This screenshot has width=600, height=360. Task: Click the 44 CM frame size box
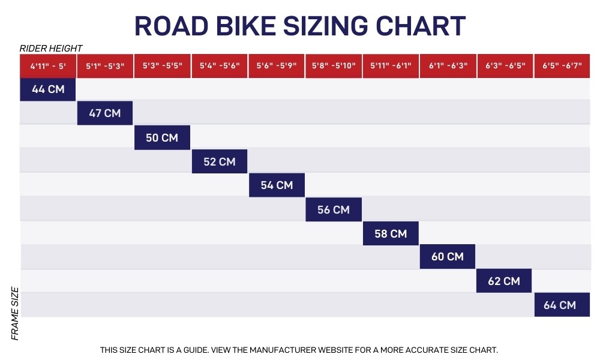pos(47,89)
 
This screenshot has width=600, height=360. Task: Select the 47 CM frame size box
pos(105,113)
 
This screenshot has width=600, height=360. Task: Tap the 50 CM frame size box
pos(162,137)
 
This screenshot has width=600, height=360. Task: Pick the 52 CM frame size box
pos(220,161)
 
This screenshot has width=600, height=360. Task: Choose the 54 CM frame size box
pos(277,185)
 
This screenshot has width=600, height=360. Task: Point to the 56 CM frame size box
pos(334,209)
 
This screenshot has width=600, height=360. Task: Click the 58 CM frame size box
pos(391,233)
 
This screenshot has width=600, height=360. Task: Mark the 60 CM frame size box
pos(448,257)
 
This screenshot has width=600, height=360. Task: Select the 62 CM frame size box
pos(504,281)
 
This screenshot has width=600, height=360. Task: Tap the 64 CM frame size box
pos(560,305)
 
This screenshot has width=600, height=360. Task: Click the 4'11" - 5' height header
pos(48,66)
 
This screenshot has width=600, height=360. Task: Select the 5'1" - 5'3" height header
pos(105,66)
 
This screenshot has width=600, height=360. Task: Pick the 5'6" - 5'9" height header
pos(277,66)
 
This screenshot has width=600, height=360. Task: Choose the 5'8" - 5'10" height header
pos(334,66)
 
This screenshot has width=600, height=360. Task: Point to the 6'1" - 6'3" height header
pos(448,66)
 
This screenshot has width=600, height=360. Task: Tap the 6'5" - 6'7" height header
pos(562,66)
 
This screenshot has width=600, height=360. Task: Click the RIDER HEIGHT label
pos(51,49)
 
